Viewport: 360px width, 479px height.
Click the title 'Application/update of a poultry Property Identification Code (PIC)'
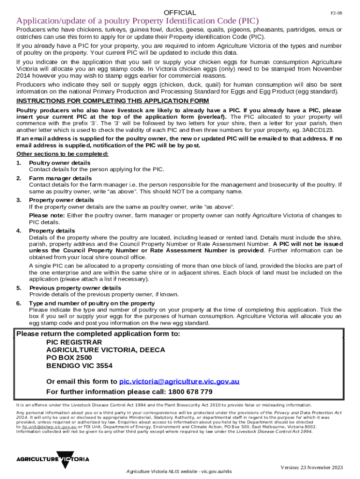click(x=137, y=22)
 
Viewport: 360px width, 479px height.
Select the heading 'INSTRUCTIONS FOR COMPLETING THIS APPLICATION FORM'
click(x=113, y=102)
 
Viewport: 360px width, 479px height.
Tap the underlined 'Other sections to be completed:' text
click(x=62, y=154)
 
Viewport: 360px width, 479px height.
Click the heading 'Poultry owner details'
click(x=60, y=163)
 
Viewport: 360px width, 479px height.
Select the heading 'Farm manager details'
click(x=60, y=178)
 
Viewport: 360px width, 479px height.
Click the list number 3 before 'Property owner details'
click(x=19, y=200)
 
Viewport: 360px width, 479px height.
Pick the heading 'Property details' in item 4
click(x=52, y=231)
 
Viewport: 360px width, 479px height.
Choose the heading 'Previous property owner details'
click(x=75, y=288)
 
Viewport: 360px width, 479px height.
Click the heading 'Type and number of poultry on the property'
click(x=92, y=304)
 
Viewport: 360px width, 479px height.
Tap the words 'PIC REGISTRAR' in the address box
click(x=74, y=342)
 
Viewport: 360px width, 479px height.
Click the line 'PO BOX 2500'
click(x=69, y=358)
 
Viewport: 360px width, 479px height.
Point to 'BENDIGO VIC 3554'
click(x=79, y=366)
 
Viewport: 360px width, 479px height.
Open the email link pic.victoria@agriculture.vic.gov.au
click(x=180, y=382)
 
